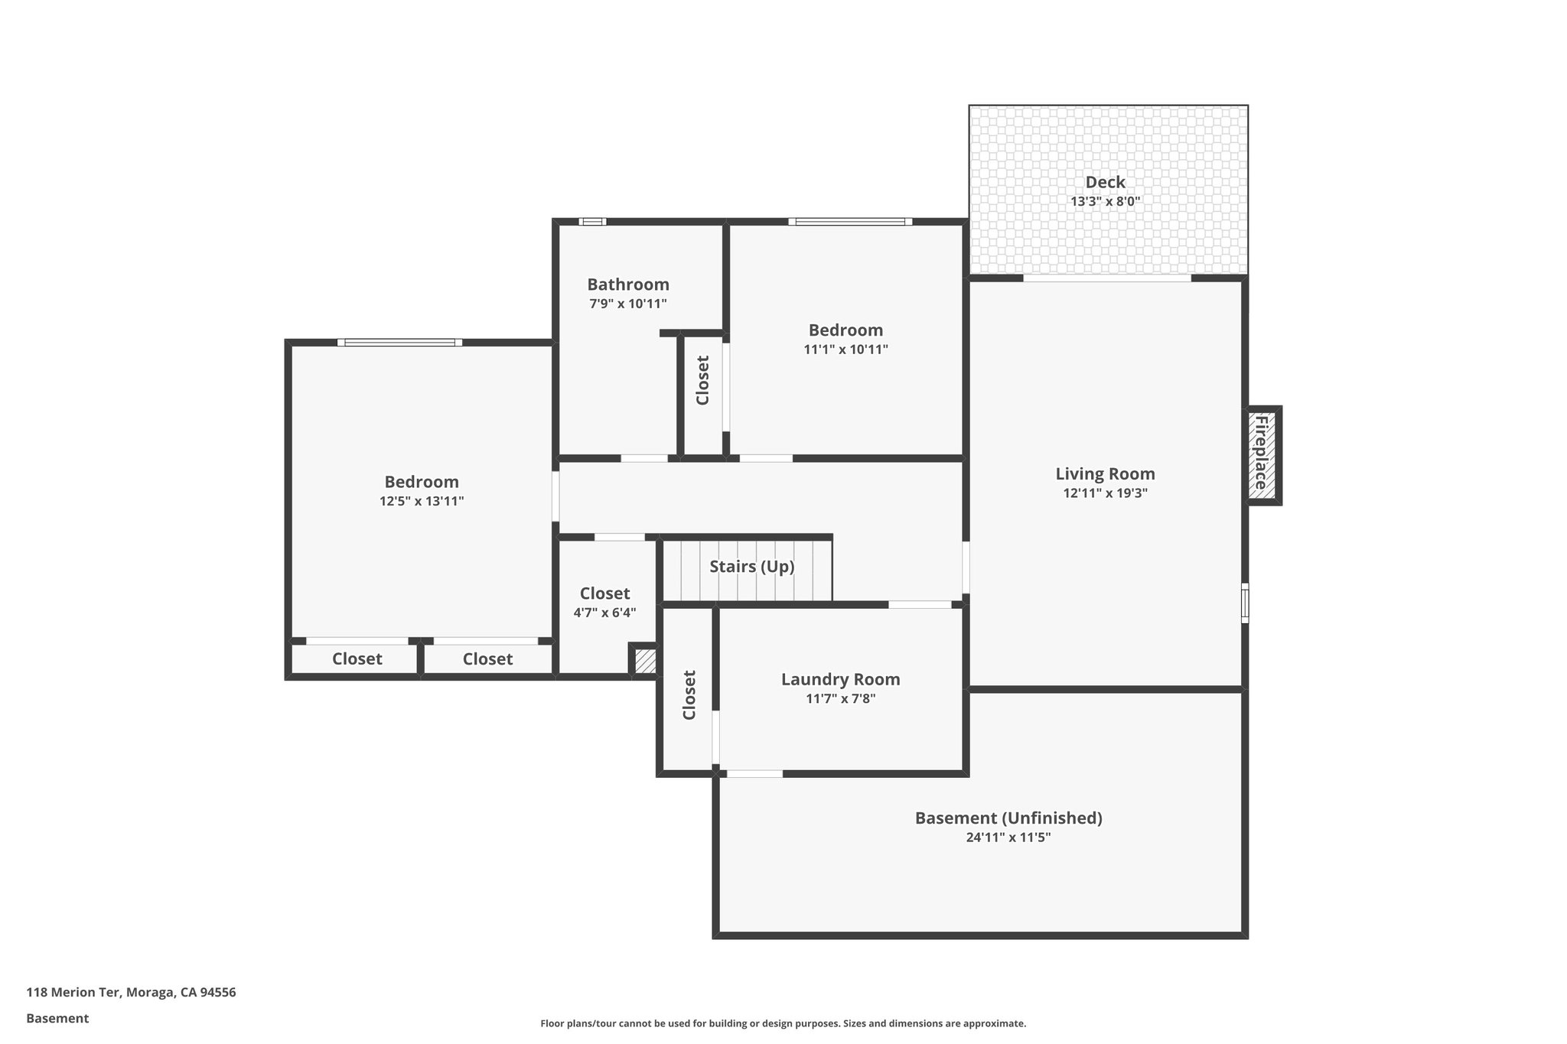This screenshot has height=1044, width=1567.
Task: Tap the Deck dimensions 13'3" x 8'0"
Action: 1105,202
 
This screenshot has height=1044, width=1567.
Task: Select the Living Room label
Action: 1105,474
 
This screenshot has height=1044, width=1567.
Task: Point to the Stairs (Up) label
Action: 751,567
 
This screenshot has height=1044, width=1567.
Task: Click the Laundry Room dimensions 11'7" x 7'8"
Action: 840,698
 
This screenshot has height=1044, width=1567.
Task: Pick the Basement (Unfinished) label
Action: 1008,818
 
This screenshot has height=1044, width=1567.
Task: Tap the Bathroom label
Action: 628,285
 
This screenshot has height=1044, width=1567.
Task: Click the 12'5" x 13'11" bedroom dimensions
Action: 422,502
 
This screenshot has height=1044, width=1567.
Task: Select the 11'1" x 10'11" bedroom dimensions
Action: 845,350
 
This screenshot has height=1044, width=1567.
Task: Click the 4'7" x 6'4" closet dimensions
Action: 604,613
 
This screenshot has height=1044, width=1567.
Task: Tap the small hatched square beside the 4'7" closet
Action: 645,661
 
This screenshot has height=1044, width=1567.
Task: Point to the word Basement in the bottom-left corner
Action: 57,1019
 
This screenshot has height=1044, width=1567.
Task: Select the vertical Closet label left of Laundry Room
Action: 689,695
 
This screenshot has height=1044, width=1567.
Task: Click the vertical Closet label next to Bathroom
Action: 702,380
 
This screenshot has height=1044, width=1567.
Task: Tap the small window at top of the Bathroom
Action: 592,222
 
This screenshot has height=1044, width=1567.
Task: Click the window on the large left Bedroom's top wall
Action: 399,343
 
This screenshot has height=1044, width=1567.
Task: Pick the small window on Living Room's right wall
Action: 1245,603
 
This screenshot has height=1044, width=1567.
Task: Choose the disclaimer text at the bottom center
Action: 783,1023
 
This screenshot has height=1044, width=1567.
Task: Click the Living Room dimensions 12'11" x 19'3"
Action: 1105,494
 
